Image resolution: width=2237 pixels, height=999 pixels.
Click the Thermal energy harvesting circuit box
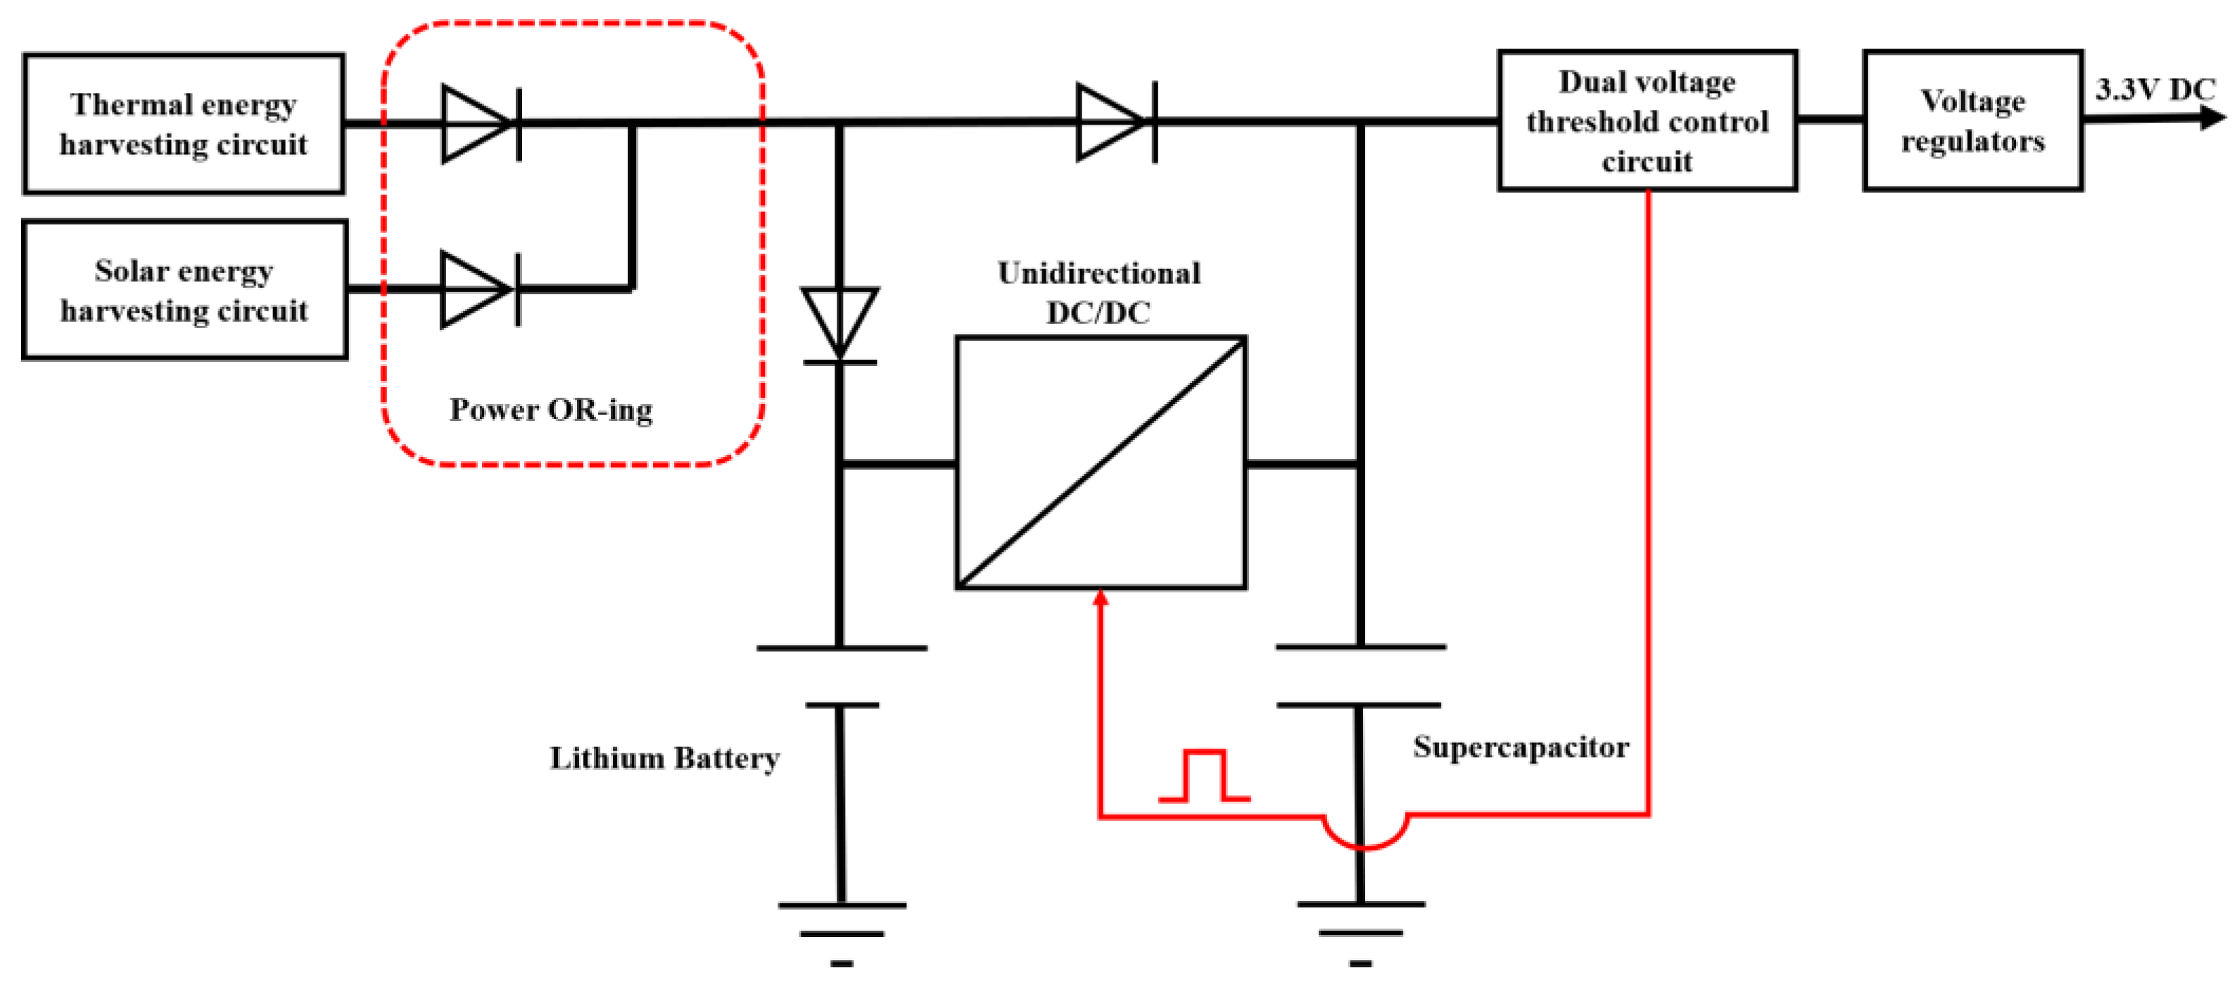pyautogui.click(x=183, y=123)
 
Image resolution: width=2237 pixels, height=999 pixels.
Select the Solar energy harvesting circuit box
pyautogui.click(x=184, y=290)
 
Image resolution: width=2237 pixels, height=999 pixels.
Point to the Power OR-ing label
pyautogui.click(x=550, y=409)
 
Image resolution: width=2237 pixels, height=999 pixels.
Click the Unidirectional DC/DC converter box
pyautogui.click(x=1101, y=462)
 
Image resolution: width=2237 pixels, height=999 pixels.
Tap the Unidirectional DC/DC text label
pyautogui.click(x=1098, y=292)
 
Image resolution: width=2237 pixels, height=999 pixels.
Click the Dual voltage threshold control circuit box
pyautogui.click(x=1647, y=121)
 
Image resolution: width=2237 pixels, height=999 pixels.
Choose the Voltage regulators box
pyautogui.click(x=1972, y=121)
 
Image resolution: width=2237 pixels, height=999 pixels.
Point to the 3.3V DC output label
pyautogui.click(x=2155, y=89)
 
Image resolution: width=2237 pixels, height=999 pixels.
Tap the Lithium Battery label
pyautogui.click(x=664, y=758)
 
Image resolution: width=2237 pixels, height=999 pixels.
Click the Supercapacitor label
pyautogui.click(x=1521, y=747)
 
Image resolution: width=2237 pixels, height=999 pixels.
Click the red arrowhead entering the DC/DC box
pyautogui.click(x=1101, y=598)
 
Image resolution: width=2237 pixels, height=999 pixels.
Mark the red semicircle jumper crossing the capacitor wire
pyautogui.click(x=1364, y=834)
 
